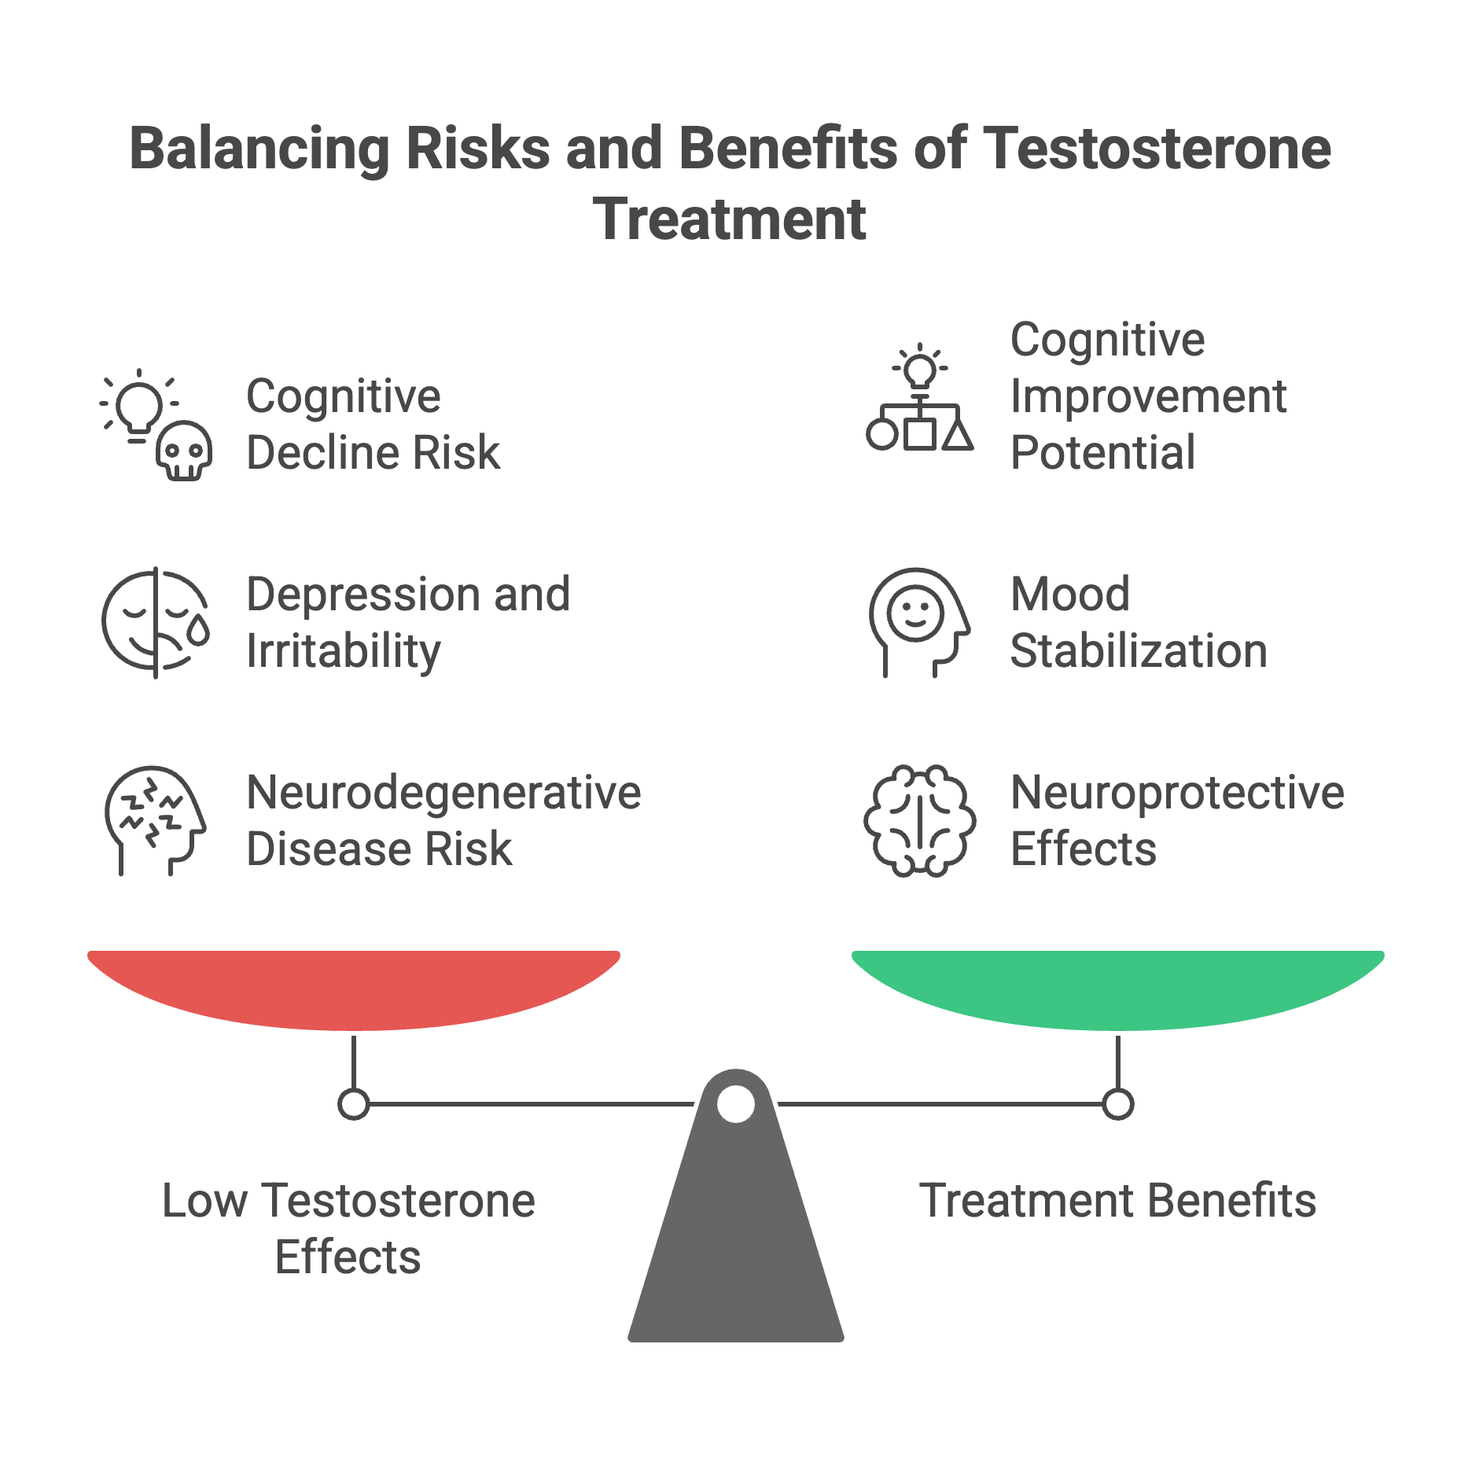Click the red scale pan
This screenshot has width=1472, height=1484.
pyautogui.click(x=354, y=988)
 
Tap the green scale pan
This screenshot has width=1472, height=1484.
pyautogui.click(x=1117, y=988)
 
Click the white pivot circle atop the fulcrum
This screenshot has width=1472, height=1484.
pyautogui.click(x=736, y=1103)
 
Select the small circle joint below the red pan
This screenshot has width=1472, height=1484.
pyautogui.click(x=354, y=1103)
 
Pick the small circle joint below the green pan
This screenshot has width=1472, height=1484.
pyautogui.click(x=1117, y=1103)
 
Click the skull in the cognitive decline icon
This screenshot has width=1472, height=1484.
pyautogui.click(x=184, y=451)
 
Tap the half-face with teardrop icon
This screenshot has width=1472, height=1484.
pyautogui.click(x=156, y=622)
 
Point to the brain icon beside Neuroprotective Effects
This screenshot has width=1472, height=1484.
pyautogui.click(x=919, y=820)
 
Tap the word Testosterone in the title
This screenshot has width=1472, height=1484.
pyautogui.click(x=1157, y=149)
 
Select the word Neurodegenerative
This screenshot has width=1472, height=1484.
pyautogui.click(x=443, y=792)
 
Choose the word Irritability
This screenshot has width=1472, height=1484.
pyautogui.click(x=344, y=651)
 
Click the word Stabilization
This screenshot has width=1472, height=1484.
pyautogui.click(x=1138, y=651)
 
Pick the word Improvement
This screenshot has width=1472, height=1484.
pyautogui.click(x=1148, y=396)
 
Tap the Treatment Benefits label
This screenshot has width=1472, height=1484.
pyautogui.click(x=1117, y=1200)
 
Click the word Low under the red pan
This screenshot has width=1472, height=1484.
pyautogui.click(x=205, y=1200)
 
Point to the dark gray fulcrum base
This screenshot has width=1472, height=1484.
pyautogui.click(x=736, y=1243)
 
